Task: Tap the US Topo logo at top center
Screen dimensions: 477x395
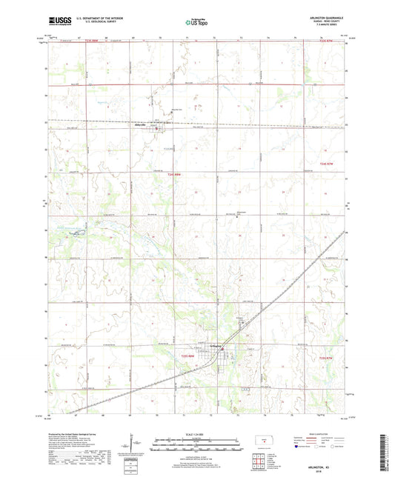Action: point(197,23)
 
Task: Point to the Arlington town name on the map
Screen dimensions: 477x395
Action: point(213,344)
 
